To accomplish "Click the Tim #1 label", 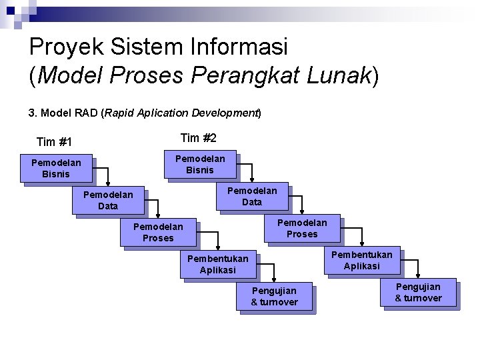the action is pos(54,141).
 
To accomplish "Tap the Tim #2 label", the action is pos(199,137).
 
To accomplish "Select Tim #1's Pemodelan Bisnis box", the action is pos(56,168).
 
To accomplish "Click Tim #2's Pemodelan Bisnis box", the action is pos(200,164).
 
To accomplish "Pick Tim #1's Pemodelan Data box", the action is pos(107,200).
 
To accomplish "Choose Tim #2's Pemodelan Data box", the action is pos(251,196).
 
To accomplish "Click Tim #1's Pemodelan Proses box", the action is pos(158,232).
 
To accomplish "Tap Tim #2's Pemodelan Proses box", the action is pos(302,228).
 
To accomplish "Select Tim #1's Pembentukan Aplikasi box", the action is pos(218,264).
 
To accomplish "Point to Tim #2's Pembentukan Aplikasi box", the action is pos(362,260).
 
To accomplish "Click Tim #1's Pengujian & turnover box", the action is pos(274,296).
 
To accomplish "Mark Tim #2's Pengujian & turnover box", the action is pos(418,292).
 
